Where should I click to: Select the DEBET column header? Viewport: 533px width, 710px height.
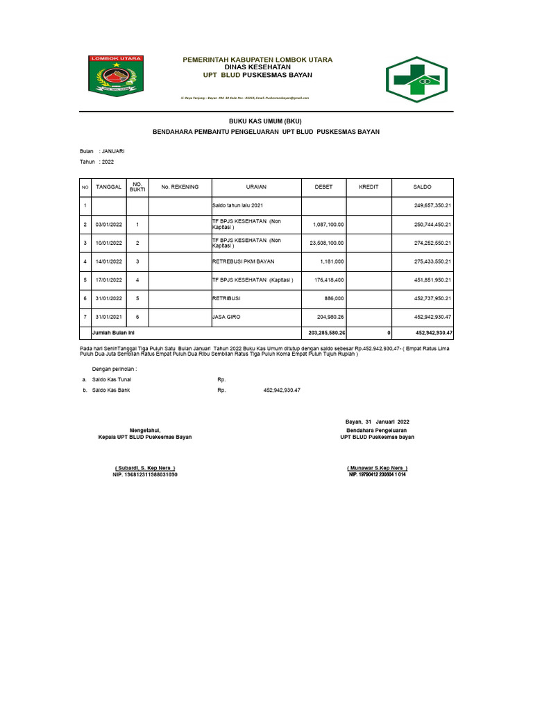point(323,187)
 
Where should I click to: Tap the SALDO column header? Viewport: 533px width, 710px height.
point(423,187)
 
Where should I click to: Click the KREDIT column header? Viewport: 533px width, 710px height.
point(369,187)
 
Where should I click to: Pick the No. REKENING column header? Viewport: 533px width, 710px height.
point(180,187)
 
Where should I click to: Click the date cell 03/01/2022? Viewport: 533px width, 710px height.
point(109,225)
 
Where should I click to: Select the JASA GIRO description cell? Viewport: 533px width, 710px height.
point(227,317)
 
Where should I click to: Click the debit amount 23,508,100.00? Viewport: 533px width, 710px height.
point(323,243)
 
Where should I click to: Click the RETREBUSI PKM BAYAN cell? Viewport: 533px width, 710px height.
point(243,261)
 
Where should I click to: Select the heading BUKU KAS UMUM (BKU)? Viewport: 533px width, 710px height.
point(266,121)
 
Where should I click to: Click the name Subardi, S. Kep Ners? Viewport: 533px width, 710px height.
point(145,468)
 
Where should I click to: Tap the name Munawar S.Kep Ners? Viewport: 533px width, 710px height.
point(377,468)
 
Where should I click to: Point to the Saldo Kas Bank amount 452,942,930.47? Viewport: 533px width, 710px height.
point(282,390)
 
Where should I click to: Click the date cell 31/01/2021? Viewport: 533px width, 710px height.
point(109,317)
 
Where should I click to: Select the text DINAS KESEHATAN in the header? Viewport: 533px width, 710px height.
point(257,67)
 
